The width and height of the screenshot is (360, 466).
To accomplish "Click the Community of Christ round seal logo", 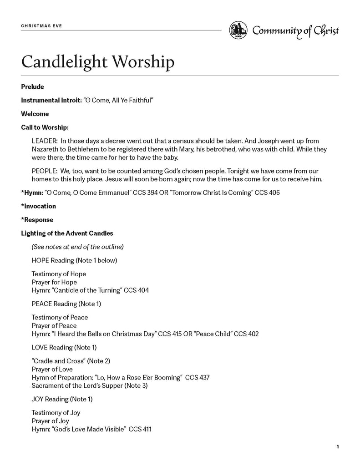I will (x=238, y=30).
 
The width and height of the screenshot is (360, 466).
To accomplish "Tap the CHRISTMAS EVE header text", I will (x=41, y=26).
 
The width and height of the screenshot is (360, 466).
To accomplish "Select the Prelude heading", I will (x=32, y=86).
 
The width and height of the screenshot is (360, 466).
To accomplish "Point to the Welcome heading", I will (x=35, y=114).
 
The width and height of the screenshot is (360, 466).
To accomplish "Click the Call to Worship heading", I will (x=45, y=127).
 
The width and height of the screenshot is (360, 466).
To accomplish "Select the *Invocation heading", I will (x=39, y=206).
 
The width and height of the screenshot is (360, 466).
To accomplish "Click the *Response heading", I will (x=37, y=220).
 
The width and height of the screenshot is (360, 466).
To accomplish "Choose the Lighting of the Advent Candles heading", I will (x=67, y=233).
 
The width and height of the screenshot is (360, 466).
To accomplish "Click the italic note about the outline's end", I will (x=77, y=247).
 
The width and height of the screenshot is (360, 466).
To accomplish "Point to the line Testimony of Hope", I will (x=59, y=274).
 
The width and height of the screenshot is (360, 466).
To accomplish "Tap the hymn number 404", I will (x=143, y=290).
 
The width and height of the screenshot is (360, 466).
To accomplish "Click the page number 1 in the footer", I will (x=338, y=447).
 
